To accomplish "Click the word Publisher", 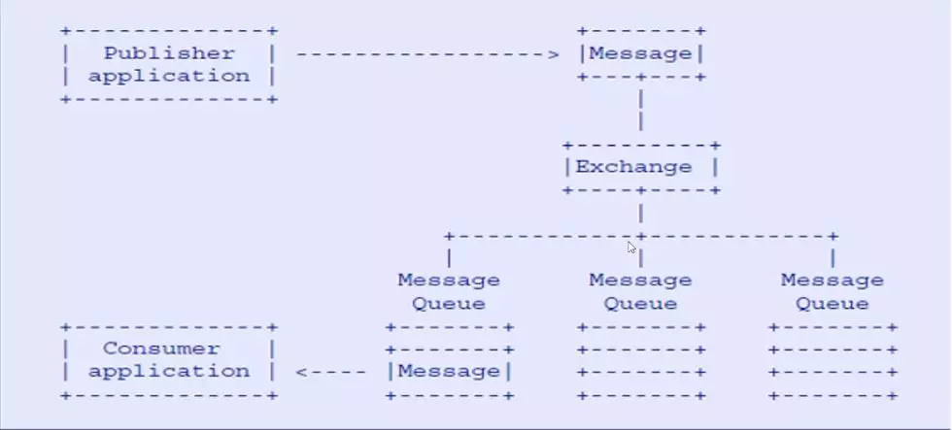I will pyautogui.click(x=169, y=53).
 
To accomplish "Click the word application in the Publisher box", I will pyautogui.click(x=169, y=76).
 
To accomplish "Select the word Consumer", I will pyautogui.click(x=161, y=348).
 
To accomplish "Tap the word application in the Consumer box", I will pyautogui.click(x=169, y=371).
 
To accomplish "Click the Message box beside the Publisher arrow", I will pyautogui.click(x=641, y=54).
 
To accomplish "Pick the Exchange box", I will pyautogui.click(x=641, y=167).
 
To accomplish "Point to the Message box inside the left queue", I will pyautogui.click(x=449, y=371).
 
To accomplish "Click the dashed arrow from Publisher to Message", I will pyautogui.click(x=418, y=54).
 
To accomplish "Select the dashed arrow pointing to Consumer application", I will pyautogui.click(x=330, y=371).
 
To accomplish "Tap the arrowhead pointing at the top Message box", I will pyautogui.click(x=555, y=54).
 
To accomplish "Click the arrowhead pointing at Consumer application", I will pyautogui.click(x=301, y=371).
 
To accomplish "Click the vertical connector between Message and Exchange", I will pyautogui.click(x=641, y=110).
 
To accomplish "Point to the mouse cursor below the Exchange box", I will pyautogui.click(x=632, y=248).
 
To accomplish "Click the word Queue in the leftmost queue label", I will pyautogui.click(x=449, y=303).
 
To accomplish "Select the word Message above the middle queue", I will pyautogui.click(x=641, y=281).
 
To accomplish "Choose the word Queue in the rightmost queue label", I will pyautogui.click(x=833, y=303).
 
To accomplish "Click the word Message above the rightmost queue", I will pyautogui.click(x=833, y=281).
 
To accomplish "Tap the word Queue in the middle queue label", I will pyautogui.click(x=641, y=303).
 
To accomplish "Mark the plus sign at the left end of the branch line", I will pyautogui.click(x=449, y=236).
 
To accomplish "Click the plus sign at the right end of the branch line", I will pyautogui.click(x=833, y=236).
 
